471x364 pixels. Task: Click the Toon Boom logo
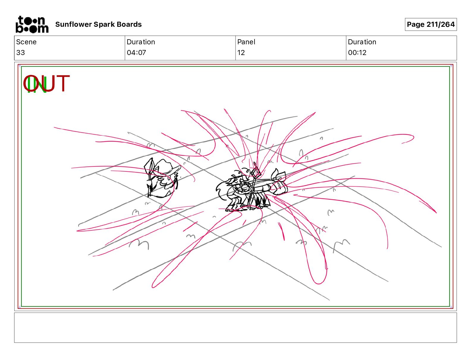32,24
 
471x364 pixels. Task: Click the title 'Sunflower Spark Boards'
98,24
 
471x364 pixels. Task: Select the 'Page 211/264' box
431,24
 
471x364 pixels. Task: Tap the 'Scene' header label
26,42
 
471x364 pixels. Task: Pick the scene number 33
21,52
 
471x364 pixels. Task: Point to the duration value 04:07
136,52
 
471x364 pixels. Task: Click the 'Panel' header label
246,42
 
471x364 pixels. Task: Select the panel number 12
241,52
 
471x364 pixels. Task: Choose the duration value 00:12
357,52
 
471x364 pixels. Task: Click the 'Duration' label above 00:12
362,42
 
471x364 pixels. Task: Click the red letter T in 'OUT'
63,83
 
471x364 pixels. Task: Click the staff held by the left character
150,178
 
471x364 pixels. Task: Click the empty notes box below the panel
235,328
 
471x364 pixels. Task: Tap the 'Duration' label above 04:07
141,42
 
